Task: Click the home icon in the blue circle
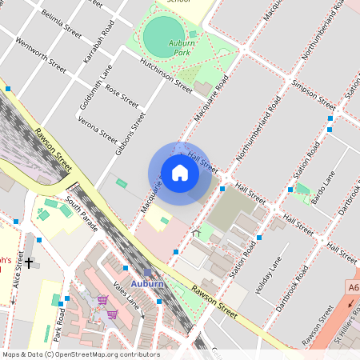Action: pos(180,173)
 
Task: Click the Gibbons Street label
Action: pos(130,133)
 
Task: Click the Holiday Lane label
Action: pos(268,275)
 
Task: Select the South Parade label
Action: pos(82,213)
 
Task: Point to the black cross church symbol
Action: pos(29,262)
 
